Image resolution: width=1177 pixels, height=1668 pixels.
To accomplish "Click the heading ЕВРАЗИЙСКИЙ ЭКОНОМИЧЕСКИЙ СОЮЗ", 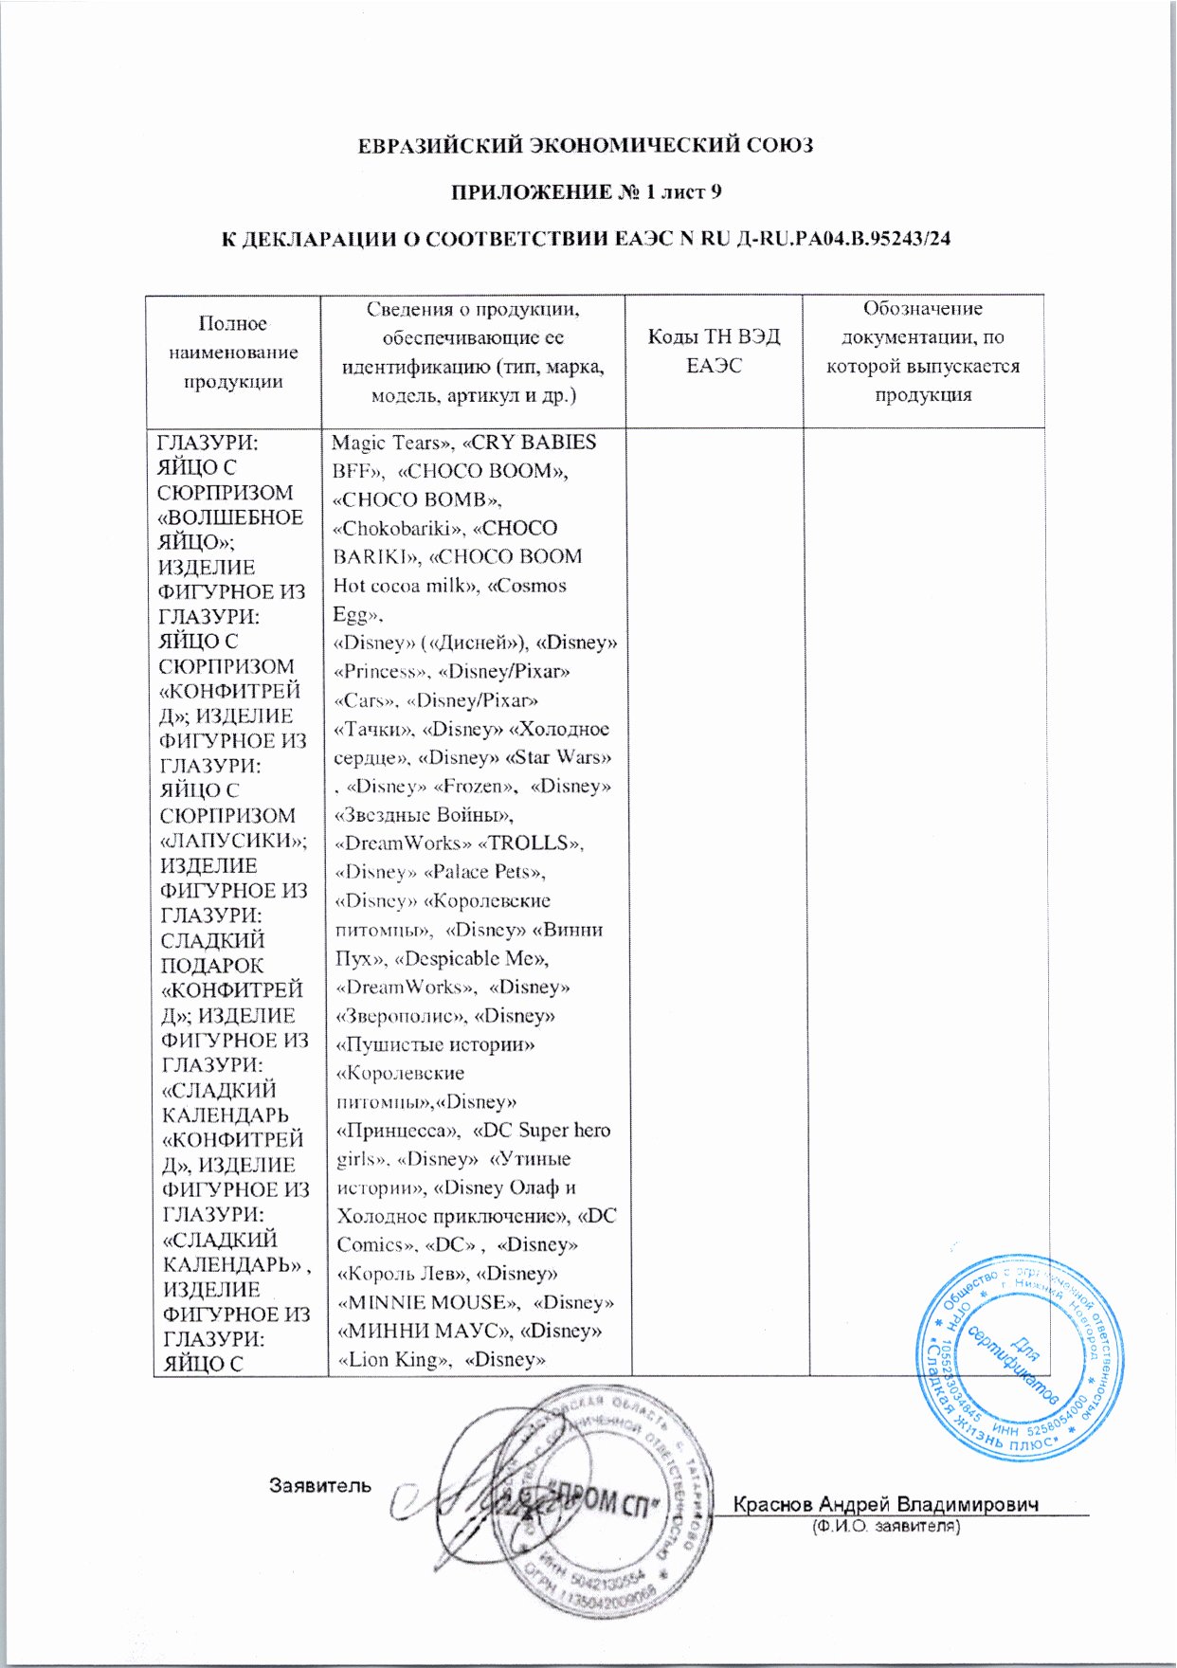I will pyautogui.click(x=586, y=146).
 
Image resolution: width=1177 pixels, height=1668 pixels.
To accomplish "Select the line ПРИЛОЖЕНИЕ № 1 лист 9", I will pyautogui.click(x=586, y=192).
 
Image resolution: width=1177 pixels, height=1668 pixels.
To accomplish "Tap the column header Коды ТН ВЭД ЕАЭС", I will pyautogui.click(x=714, y=352).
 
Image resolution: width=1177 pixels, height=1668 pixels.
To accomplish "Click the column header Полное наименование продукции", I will pyautogui.click(x=233, y=353).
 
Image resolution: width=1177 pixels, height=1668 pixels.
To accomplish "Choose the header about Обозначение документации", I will pyautogui.click(x=922, y=352).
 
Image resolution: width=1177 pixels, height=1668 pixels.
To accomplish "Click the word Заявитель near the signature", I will pyautogui.click(x=320, y=1485).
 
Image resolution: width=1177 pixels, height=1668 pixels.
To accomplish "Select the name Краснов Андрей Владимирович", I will pyautogui.click(x=887, y=1505).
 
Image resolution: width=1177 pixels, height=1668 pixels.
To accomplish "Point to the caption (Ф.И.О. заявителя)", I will pyautogui.click(x=886, y=1527).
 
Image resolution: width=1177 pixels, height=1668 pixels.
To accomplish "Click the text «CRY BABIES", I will pyautogui.click(x=534, y=443).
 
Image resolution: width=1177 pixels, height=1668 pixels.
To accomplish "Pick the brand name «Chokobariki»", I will pyautogui.click(x=397, y=528).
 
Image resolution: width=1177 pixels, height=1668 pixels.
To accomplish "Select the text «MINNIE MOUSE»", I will pyautogui.click(x=426, y=1302).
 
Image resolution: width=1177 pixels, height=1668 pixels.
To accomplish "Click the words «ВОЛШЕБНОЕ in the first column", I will pyautogui.click(x=230, y=517).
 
